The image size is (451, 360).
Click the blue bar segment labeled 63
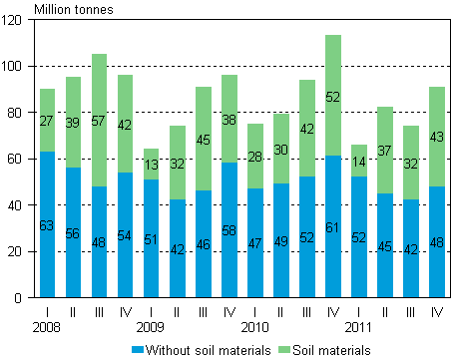[x=47, y=224]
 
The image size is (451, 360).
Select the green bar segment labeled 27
[x=47, y=120]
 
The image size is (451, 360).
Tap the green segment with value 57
[x=99, y=120]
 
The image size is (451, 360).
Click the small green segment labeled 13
[x=151, y=165]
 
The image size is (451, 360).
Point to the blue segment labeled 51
[x=151, y=237]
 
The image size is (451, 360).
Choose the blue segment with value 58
[x=228, y=229]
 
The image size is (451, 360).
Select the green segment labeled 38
[x=228, y=119]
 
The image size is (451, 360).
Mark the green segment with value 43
[x=436, y=137]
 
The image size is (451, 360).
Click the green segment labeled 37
[x=384, y=150]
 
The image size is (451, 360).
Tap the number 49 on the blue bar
[x=280, y=240]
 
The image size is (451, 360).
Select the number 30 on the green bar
[x=280, y=150]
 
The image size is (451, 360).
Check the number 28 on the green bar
[x=254, y=156]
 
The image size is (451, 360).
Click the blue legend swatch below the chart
[x=138, y=349]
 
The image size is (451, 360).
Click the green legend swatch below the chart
[x=283, y=349]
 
